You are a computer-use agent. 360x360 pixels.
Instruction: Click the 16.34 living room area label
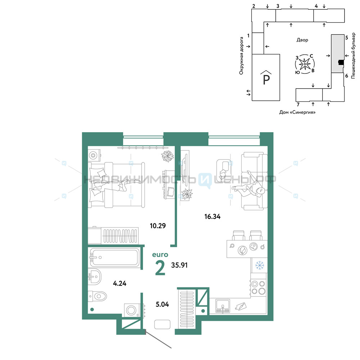[212, 216]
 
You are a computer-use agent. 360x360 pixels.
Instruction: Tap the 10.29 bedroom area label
[158, 226]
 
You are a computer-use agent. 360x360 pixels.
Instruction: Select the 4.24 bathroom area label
[120, 283]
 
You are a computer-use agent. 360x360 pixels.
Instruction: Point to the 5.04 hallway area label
[162, 304]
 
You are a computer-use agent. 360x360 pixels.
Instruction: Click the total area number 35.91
[179, 265]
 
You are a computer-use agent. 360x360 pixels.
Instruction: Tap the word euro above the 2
[160, 255]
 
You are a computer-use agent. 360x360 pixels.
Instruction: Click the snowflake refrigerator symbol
[260, 265]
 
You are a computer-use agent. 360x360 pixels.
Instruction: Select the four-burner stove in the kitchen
[258, 287]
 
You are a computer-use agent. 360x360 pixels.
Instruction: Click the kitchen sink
[222, 306]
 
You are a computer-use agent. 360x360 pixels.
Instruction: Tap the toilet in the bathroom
[97, 296]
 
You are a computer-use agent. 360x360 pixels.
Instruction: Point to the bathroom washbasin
[94, 276]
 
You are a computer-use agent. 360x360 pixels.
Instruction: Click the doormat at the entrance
[162, 324]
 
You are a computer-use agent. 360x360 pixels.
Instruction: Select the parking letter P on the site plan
[266, 78]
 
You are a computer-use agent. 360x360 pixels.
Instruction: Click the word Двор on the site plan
[302, 40]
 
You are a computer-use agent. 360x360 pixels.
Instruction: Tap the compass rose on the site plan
[305, 64]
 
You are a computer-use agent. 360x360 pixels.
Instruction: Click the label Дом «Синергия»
[297, 112]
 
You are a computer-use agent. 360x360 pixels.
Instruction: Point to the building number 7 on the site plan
[298, 104]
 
